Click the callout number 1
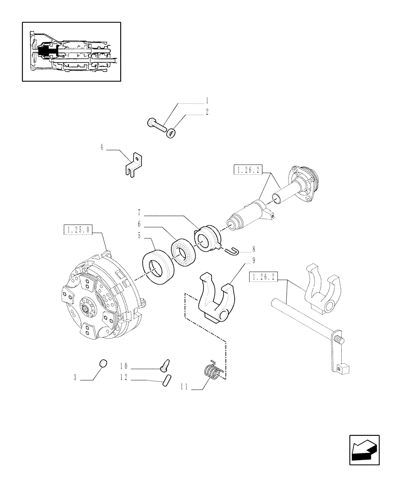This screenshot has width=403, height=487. point(207,101)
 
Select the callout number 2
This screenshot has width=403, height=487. point(207,112)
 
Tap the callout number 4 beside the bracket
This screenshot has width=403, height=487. point(102,147)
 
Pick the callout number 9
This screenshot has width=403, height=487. point(254,260)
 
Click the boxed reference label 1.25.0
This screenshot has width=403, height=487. point(77,229)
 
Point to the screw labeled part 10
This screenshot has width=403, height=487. point(164,364)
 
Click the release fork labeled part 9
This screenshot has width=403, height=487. point(217,297)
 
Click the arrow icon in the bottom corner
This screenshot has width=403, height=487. point(364,450)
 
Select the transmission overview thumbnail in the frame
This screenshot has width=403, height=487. point(71,52)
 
